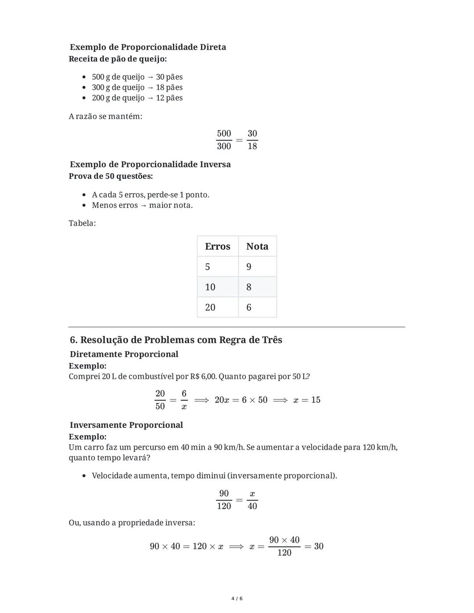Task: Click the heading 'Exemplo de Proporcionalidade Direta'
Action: pos(147,47)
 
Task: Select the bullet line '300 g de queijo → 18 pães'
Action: pos(137,87)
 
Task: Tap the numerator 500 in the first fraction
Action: pos(224,133)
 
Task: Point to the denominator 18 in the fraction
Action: pos(252,146)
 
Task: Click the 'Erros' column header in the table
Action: pos(217,246)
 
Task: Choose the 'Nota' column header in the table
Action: pos(257,246)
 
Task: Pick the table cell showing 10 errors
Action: pos(210,287)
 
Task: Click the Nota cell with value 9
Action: pos(249,267)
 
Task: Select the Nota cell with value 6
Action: pos(249,307)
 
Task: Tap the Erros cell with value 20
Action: pos(210,307)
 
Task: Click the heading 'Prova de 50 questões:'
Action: pos(111,176)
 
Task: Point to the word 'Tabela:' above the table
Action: pos(82,223)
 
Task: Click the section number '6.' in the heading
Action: pos(74,340)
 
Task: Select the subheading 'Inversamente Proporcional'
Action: pos(126,425)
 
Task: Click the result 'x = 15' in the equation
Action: pos(307,400)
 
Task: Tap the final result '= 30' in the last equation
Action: pos(314,546)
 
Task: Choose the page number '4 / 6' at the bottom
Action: pos(237,599)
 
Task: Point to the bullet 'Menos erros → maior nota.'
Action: pos(142,205)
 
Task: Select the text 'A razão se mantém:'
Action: pos(105,116)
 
